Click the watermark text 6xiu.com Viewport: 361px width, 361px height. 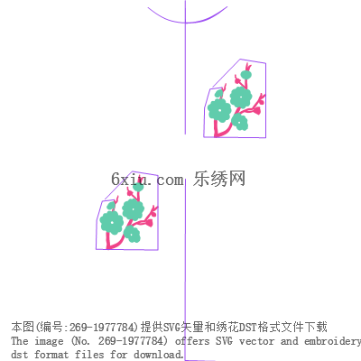(x=147, y=180)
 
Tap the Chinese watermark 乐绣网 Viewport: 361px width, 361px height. (x=219, y=179)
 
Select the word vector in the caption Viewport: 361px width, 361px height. (x=256, y=341)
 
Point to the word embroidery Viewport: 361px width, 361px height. (x=332, y=342)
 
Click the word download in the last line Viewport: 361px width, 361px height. (x=158, y=355)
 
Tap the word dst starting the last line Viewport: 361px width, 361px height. (x=19, y=355)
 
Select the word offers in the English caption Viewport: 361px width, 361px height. (x=192, y=341)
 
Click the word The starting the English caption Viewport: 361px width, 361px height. (x=20, y=341)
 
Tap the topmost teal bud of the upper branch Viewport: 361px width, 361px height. (x=246, y=75)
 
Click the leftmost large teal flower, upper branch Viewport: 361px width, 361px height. (x=219, y=110)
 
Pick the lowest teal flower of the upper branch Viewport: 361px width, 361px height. (x=240, y=122)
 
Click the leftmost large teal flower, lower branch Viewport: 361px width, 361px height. (x=112, y=223)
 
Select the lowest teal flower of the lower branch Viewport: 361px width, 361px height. (x=132, y=234)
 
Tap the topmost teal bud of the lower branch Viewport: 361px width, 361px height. (x=138, y=187)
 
